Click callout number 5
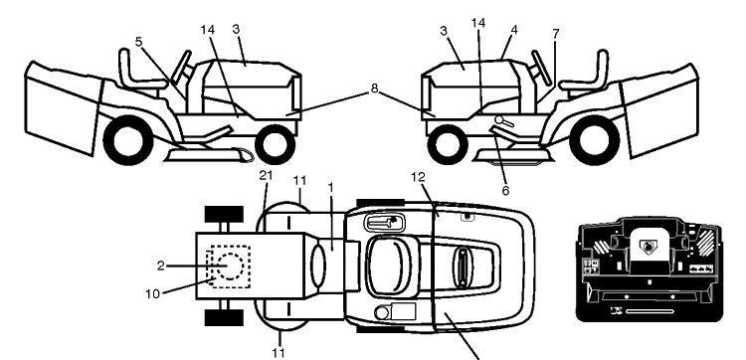tap(138, 42)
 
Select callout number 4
tap(514, 30)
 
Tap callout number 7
tap(556, 34)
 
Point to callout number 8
tap(374, 89)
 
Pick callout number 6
tap(505, 191)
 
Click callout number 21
tap(266, 175)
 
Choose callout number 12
tap(419, 177)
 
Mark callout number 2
tap(161, 266)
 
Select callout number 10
tap(153, 294)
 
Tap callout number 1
tap(330, 187)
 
